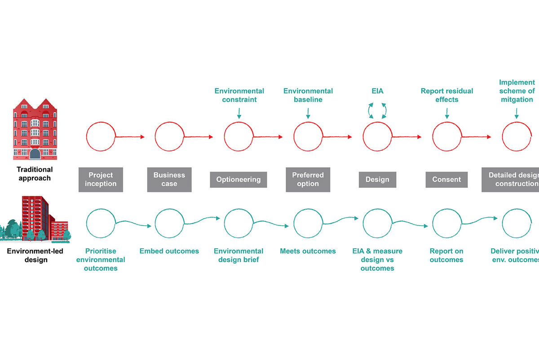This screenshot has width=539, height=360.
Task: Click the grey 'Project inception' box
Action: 101,180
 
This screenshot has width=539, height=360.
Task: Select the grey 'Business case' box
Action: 169,180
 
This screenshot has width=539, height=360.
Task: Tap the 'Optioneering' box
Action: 239,180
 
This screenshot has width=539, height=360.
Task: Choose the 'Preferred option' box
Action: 308,180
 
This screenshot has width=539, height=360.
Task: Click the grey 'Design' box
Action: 377,180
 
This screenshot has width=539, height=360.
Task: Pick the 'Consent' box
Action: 446,180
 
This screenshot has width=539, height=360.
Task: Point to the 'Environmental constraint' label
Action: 239,95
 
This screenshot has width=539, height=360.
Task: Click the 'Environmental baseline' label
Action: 308,95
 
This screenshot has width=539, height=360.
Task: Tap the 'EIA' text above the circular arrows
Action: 377,91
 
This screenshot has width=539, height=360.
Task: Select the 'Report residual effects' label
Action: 447,95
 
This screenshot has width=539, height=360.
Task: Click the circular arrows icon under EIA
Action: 377,110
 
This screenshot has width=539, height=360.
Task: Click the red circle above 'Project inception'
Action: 101,136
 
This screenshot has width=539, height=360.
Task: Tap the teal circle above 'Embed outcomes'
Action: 169,223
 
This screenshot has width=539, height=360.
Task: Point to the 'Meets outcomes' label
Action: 308,251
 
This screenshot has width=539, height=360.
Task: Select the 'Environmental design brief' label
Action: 239,255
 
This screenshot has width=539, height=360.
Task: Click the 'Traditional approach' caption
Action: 35,174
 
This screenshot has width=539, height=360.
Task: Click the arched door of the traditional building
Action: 35,154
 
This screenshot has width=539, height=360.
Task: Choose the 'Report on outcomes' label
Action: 446,255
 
